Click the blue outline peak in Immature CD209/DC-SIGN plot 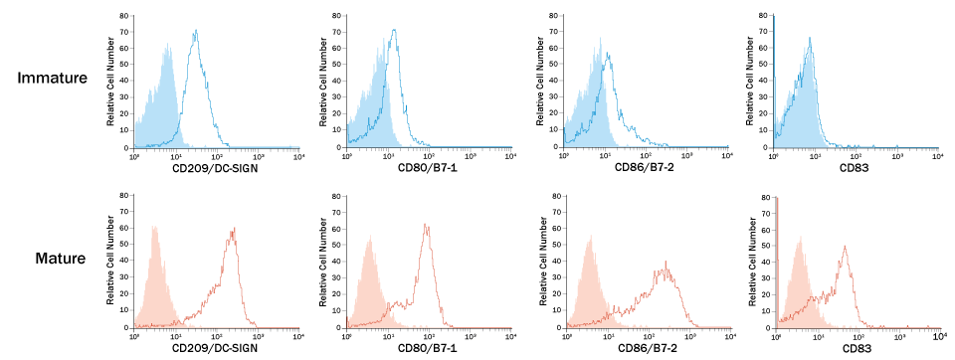pyautogui.click(x=196, y=32)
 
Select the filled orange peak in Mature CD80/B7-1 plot pyautogui.click(x=369, y=239)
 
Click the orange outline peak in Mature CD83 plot pyautogui.click(x=845, y=248)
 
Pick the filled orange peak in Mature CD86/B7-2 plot pyautogui.click(x=588, y=237)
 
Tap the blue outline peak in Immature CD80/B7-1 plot pyautogui.click(x=395, y=31)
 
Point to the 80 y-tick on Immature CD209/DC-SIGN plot pyautogui.click(x=123, y=16)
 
